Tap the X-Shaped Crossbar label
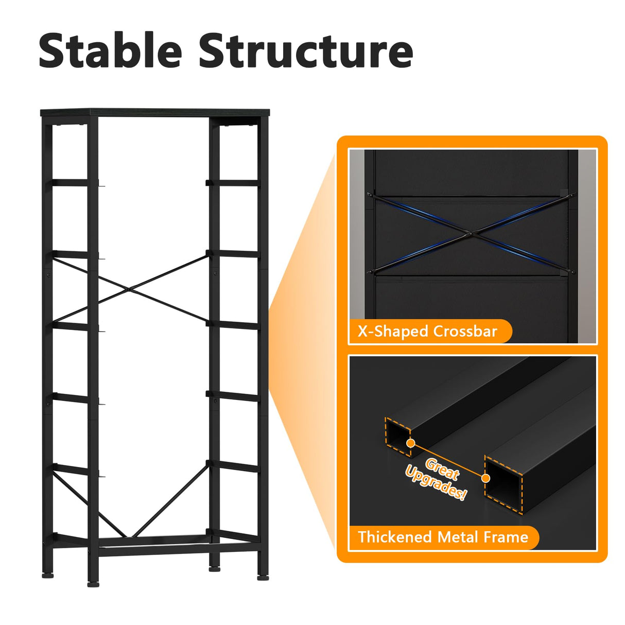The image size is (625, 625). point(427,332)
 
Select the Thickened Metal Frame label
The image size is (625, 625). point(443,537)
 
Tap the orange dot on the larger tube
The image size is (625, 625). point(485,478)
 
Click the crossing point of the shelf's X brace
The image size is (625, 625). point(129,289)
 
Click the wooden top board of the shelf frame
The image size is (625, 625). point(155,113)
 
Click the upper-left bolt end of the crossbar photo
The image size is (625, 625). point(370,194)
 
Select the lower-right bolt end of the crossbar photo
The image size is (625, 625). point(572,271)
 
